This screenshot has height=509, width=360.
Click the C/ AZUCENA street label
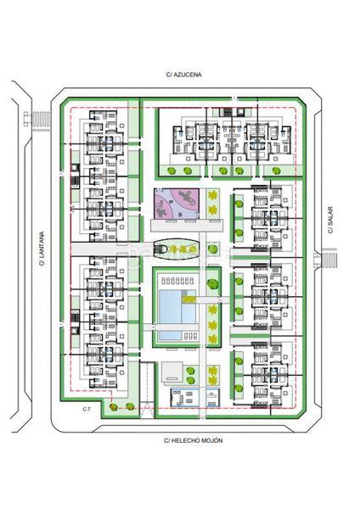183,75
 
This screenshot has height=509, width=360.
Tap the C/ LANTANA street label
42,249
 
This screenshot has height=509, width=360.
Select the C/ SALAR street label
330,220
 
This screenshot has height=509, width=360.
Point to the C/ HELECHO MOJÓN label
194,440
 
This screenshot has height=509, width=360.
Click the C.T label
87,410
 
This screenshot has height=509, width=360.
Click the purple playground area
177,204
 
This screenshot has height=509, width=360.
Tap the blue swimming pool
177,306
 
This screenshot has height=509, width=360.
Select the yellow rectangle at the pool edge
188,299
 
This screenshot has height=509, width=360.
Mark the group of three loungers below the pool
190,336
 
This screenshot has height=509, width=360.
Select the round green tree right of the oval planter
212,249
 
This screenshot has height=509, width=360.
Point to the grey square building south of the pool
172,372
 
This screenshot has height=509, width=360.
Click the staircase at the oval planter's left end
160,249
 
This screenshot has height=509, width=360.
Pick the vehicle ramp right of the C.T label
147,389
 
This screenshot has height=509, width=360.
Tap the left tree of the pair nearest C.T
114,406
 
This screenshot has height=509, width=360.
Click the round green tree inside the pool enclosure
212,283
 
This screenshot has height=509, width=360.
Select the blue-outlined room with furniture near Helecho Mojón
185,397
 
